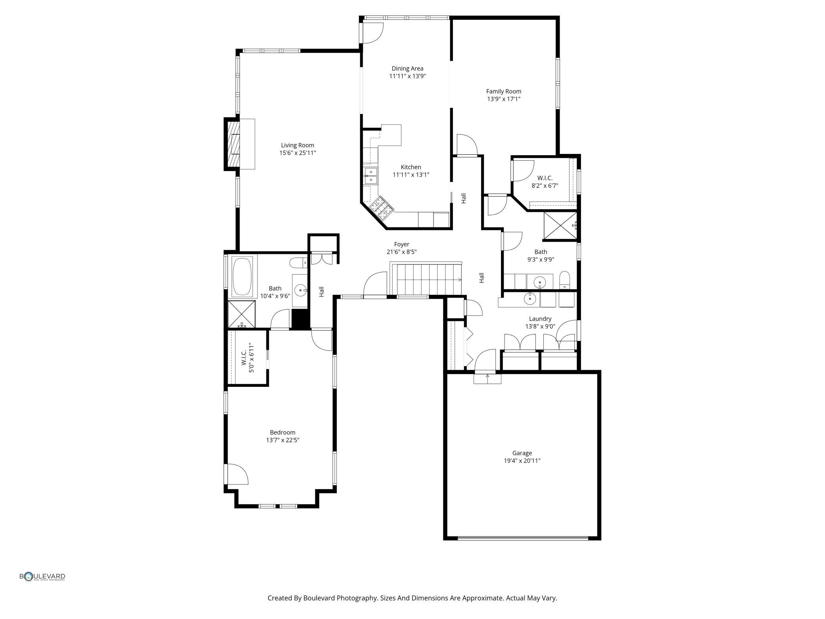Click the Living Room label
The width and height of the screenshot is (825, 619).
point(297,145)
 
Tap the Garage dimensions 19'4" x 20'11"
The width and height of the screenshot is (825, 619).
point(522,461)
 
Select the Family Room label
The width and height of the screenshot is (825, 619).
point(504,91)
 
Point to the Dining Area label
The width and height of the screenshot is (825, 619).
point(407,68)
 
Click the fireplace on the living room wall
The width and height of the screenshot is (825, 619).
point(233,144)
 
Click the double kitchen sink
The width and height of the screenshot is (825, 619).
point(371,176)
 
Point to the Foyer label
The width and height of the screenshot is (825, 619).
point(401,244)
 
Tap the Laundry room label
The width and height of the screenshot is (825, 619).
point(540,319)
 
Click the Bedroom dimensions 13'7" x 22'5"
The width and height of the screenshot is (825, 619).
point(282,440)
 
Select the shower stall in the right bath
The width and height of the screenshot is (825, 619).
point(560,226)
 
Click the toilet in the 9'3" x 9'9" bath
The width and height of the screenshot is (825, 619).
point(564,280)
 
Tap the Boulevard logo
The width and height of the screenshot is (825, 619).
point(42,577)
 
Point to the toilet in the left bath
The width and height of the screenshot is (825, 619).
point(298,263)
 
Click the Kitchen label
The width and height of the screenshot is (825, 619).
point(411,167)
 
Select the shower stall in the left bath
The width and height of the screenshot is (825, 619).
point(242,314)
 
